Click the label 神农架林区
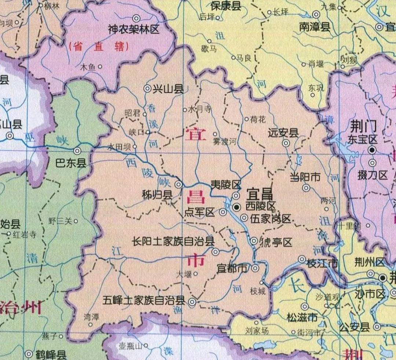pos(134,29)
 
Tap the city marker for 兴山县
pos(147,88)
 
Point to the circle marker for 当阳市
pos(306,188)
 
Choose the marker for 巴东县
pos(77,151)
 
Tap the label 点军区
pos(199,212)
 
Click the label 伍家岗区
pos(271,219)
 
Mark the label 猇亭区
pos(276,242)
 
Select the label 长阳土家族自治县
pos(173,241)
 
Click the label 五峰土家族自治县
pos(144,301)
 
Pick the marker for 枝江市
pos(302,259)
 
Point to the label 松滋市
pos(302,317)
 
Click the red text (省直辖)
pos(99,47)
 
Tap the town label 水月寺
pos(199,109)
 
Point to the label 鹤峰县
pos(51,355)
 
